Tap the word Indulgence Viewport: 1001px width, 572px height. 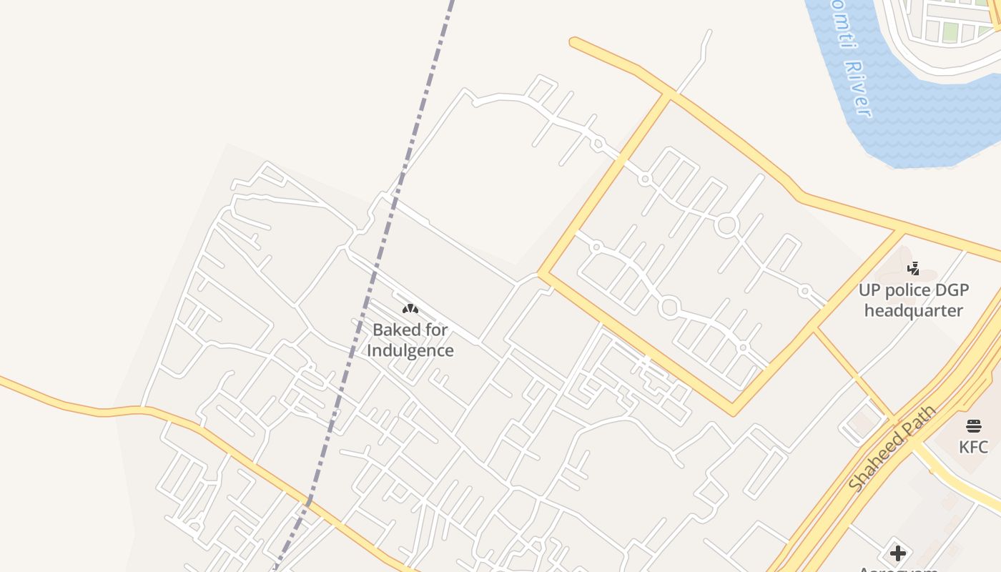410,350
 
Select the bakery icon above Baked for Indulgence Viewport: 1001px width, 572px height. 410,309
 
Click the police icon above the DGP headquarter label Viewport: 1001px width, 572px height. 913,269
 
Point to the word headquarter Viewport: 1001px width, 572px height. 913,311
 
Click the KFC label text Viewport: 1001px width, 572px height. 973,448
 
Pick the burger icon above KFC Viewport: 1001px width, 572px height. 973,426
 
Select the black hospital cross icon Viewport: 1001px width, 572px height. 898,553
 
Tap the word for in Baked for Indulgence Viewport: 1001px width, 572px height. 438,330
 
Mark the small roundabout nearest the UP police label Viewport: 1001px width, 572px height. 804,291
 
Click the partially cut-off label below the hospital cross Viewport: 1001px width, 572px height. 898,568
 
